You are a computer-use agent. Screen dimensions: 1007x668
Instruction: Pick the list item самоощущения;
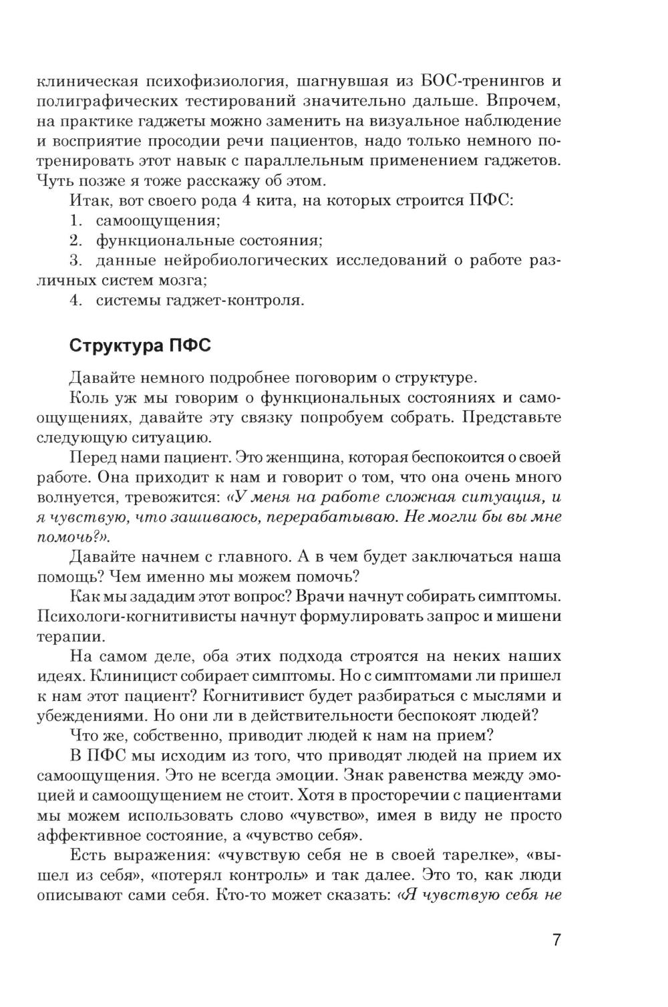pyautogui.click(x=158, y=221)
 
